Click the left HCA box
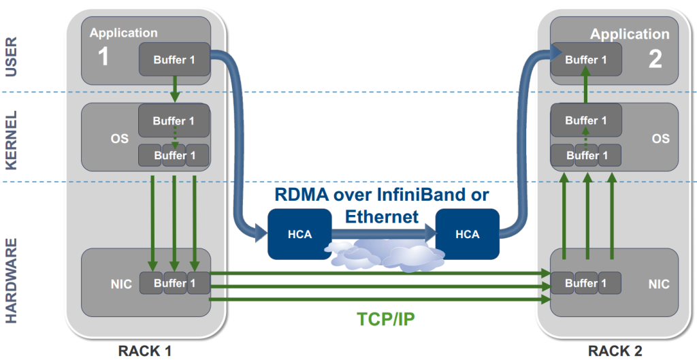tap(299, 234)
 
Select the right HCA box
tap(468, 234)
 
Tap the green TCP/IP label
tap(386, 319)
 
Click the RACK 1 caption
tap(145, 351)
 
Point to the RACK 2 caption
tap(615, 351)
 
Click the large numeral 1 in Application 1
tap(103, 57)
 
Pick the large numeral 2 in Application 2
tap(655, 59)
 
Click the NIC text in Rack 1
tap(121, 284)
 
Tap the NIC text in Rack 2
tap(659, 284)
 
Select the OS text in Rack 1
tap(120, 139)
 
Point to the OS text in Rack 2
tap(660, 139)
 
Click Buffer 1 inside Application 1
tap(174, 59)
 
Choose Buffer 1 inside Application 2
tap(586, 60)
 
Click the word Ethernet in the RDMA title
tap(382, 216)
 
